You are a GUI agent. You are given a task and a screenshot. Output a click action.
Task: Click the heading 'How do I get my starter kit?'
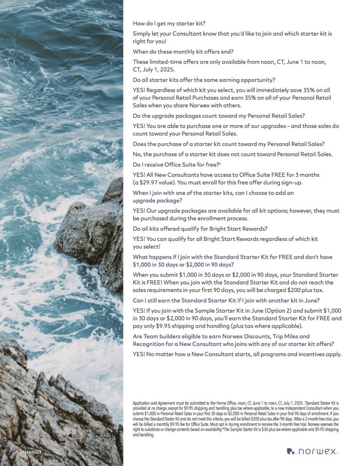point(169,23)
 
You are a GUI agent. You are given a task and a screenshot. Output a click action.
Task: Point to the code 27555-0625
point(31,452)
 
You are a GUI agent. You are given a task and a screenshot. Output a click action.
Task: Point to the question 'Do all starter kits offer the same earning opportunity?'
point(204,80)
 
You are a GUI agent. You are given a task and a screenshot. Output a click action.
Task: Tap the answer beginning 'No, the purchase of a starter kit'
point(232,154)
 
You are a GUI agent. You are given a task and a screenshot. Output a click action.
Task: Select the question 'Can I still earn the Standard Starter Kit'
point(226,300)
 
